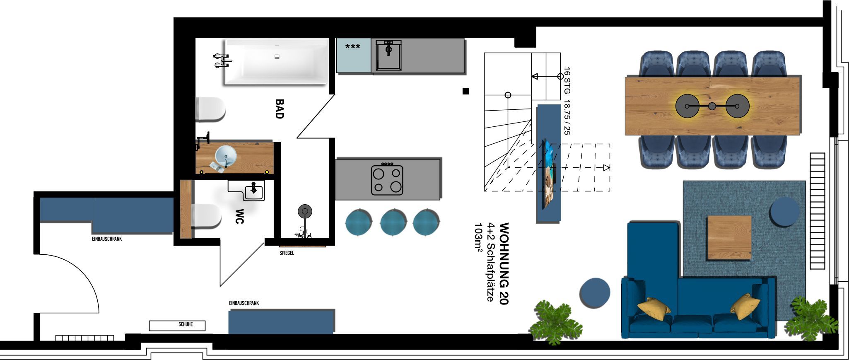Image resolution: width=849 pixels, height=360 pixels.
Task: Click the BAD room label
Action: (x=280, y=109)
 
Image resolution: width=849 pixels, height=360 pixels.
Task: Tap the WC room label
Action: (x=239, y=216)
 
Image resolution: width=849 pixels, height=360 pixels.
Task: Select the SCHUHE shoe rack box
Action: (x=177, y=325)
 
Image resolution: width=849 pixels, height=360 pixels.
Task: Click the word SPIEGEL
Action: (x=287, y=253)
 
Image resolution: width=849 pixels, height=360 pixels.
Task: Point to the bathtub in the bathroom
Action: (x=276, y=61)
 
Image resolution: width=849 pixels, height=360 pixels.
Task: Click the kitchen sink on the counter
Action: (x=388, y=55)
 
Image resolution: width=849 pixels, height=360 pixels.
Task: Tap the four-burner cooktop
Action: (x=387, y=180)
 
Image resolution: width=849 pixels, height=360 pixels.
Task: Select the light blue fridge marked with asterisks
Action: (x=353, y=56)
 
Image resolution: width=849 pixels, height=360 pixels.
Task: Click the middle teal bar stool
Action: (x=393, y=222)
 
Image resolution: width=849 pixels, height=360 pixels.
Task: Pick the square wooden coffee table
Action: (x=729, y=237)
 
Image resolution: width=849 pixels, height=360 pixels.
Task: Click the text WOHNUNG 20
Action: (x=504, y=264)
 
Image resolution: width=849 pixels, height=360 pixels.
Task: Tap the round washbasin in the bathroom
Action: (x=226, y=156)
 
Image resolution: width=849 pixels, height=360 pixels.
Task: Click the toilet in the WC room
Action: (x=206, y=216)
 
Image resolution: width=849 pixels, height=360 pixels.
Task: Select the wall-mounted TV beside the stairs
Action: (x=548, y=173)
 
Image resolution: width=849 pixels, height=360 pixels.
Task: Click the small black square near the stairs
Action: (x=466, y=91)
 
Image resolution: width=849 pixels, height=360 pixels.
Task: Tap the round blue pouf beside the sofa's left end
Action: (x=595, y=292)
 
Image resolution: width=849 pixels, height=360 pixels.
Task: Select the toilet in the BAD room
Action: (x=210, y=109)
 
